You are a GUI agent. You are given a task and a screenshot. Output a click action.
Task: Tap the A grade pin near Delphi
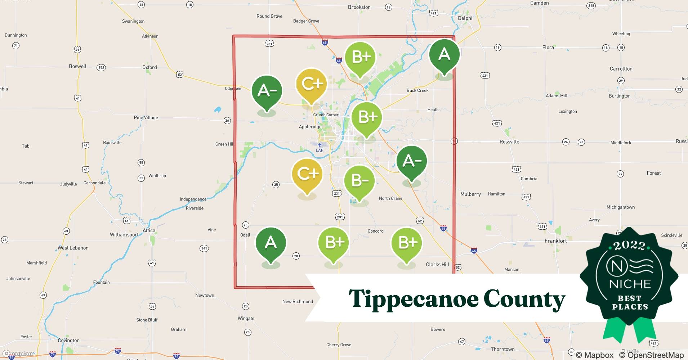click(444, 55)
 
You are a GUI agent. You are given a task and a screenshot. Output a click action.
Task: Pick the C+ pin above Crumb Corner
click(311, 85)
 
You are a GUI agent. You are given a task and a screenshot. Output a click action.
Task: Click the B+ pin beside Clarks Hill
click(407, 243)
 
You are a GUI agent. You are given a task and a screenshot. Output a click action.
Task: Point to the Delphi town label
click(465, 18)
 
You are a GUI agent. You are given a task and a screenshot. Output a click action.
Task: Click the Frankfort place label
click(555, 240)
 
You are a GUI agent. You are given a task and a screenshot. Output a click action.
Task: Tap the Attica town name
click(149, 230)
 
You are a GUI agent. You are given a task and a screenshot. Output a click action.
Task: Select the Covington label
click(68, 340)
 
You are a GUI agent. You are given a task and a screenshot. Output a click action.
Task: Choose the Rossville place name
click(509, 142)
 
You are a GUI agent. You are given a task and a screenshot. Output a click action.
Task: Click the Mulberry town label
click(470, 194)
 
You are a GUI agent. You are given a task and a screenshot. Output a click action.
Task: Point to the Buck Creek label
click(417, 90)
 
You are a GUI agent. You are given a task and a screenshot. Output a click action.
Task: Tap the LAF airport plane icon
click(320, 145)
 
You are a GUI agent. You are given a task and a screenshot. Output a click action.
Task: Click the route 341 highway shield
click(204, 248)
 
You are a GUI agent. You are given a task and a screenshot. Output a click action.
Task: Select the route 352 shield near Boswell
click(101, 67)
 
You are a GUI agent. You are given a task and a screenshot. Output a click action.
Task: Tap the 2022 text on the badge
click(630, 246)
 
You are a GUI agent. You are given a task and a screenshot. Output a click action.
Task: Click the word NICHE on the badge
click(630, 284)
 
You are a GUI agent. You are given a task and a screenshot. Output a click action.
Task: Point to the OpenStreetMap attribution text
click(651, 355)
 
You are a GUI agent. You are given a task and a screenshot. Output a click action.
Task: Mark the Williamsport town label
click(124, 235)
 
